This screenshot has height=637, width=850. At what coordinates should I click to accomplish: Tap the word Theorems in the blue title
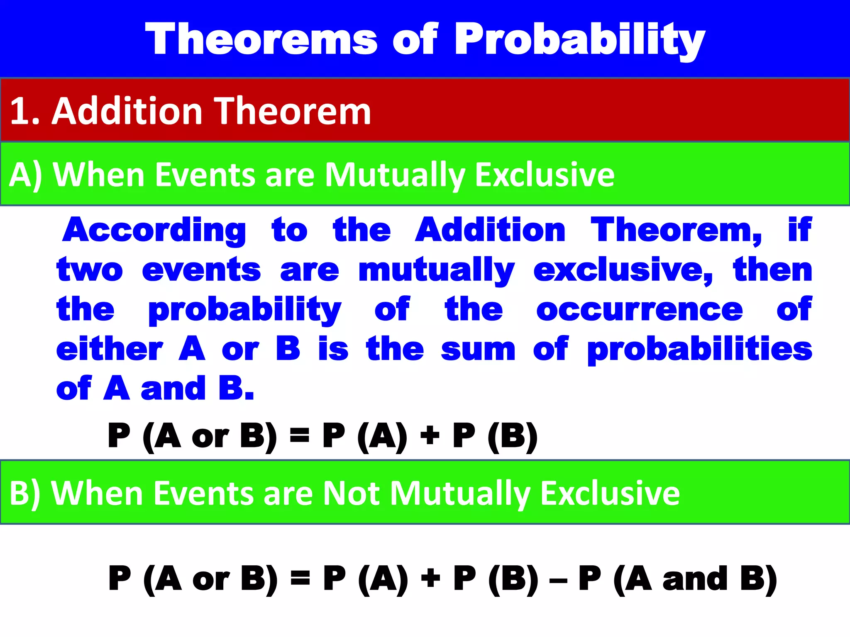click(261, 40)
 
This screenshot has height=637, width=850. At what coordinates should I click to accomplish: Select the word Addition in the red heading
click(127, 111)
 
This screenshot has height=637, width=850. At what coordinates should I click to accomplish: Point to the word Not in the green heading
click(351, 494)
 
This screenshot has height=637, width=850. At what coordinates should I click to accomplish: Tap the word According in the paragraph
click(154, 231)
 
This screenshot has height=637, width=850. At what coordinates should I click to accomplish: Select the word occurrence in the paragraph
click(639, 310)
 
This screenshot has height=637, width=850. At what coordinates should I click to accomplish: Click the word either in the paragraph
click(110, 349)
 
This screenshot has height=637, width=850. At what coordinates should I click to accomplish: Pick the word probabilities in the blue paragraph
click(700, 349)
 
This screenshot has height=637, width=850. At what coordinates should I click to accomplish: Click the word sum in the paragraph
click(478, 349)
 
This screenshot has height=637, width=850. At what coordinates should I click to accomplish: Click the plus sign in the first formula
click(430, 436)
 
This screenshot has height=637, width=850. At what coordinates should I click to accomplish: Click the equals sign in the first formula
click(300, 436)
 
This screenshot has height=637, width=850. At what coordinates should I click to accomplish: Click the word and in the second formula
click(695, 579)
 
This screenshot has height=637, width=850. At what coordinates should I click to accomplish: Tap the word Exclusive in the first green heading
click(545, 175)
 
